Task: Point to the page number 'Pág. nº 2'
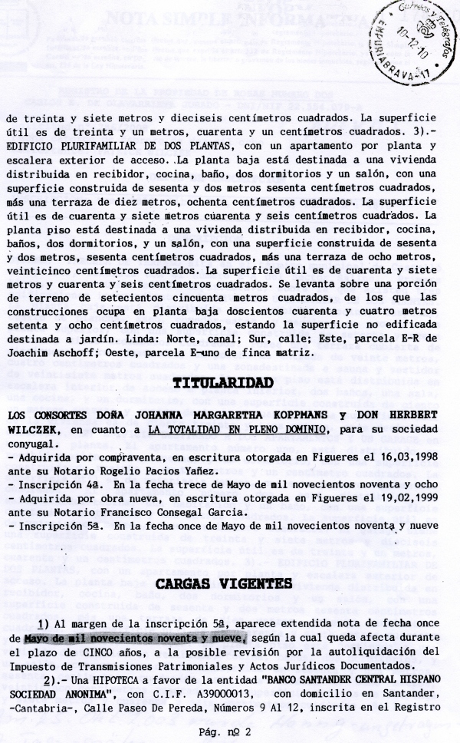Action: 228,730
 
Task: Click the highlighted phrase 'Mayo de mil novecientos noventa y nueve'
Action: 135,638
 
